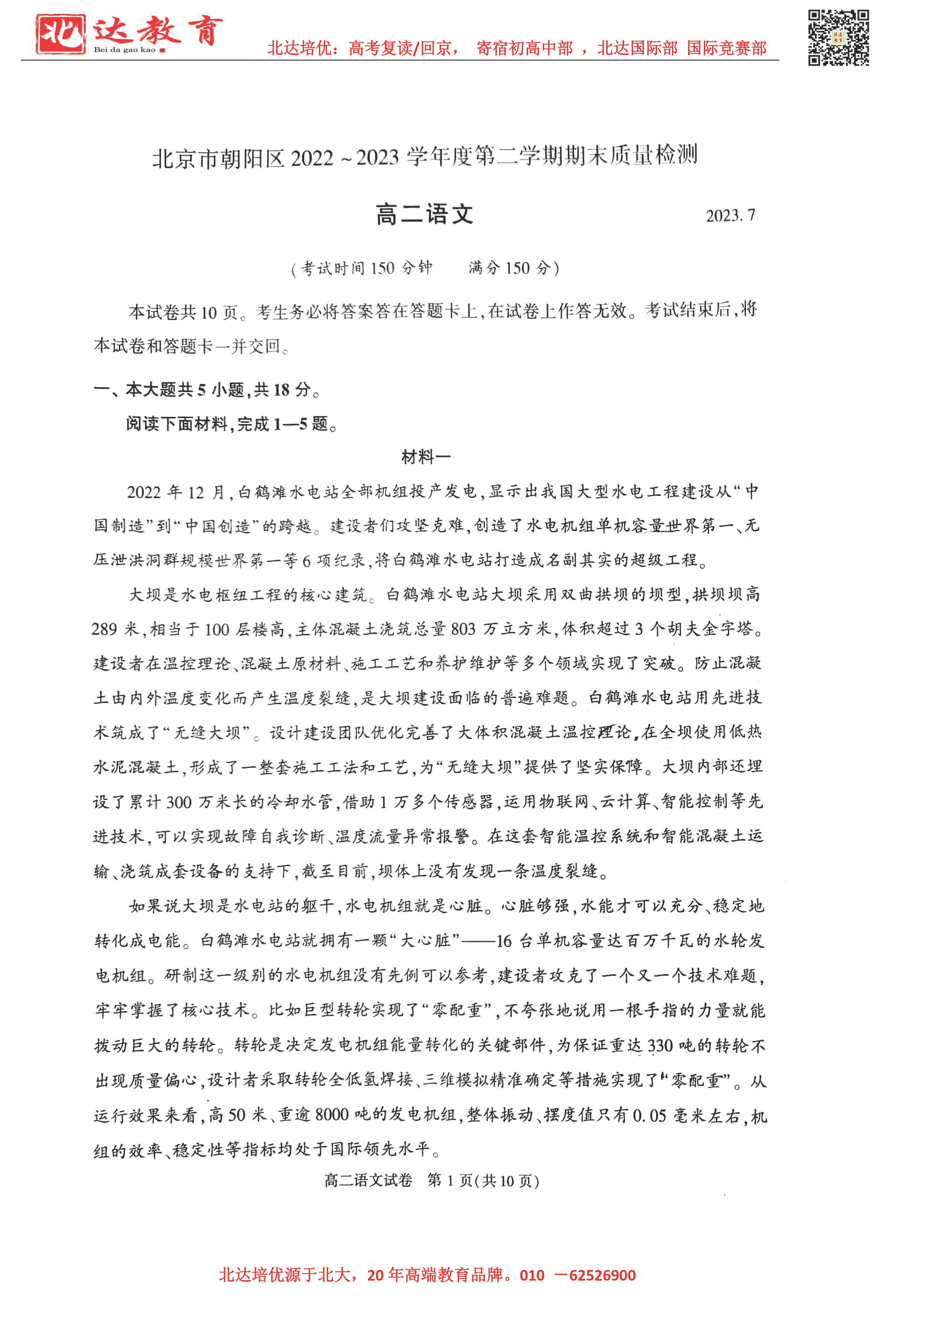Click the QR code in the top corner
[838, 38]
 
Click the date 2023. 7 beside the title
[730, 216]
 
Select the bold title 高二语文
[424, 214]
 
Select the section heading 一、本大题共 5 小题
[207, 389]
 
